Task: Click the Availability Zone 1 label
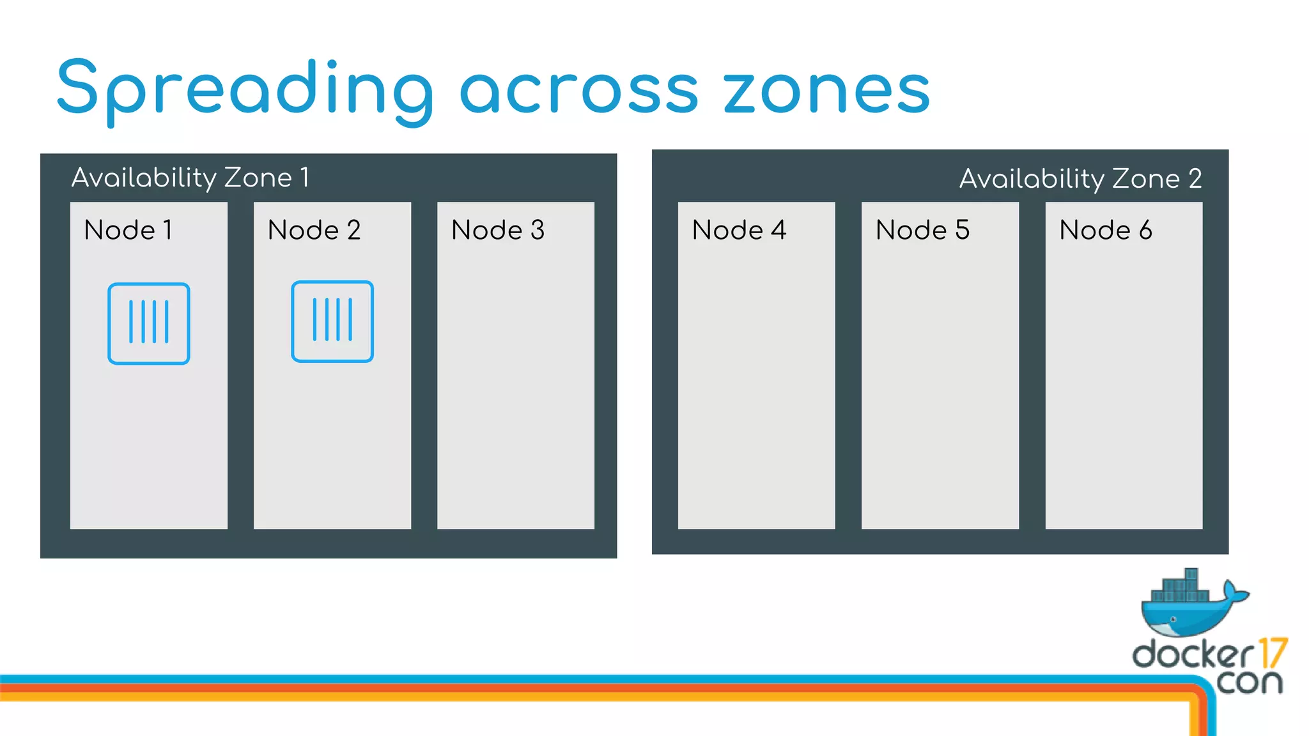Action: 190,178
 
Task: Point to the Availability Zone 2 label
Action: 1080,179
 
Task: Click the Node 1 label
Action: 128,230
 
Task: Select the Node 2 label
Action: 314,230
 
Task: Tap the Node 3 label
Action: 497,230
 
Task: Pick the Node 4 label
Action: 739,230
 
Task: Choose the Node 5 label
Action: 922,230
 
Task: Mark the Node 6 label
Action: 1106,230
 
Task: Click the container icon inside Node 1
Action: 149,323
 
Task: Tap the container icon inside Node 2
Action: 332,321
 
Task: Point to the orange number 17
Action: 1273,653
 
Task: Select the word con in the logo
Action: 1249,682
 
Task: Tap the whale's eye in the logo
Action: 1173,619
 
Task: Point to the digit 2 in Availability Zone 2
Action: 1195,179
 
